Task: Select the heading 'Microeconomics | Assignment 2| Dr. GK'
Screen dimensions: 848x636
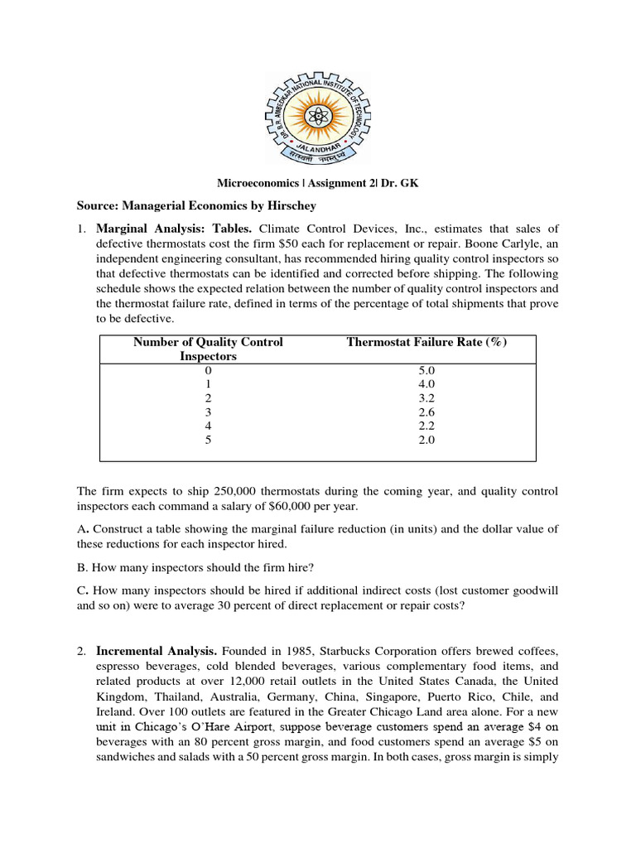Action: coord(317,184)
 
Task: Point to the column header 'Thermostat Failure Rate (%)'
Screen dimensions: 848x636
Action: coord(426,342)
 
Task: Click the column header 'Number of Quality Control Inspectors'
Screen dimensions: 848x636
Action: coord(208,349)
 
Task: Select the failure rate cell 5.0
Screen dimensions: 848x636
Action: coord(426,369)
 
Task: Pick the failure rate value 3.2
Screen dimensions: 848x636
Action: coord(426,397)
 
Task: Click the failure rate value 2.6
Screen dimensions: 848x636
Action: coord(426,412)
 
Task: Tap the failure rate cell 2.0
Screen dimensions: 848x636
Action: coord(426,440)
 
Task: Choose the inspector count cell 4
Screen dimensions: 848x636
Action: coord(208,426)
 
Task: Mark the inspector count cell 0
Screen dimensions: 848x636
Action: coord(208,369)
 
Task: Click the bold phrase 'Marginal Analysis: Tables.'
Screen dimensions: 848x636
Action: coord(176,229)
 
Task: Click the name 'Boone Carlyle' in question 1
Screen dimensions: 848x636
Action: coord(487,243)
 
